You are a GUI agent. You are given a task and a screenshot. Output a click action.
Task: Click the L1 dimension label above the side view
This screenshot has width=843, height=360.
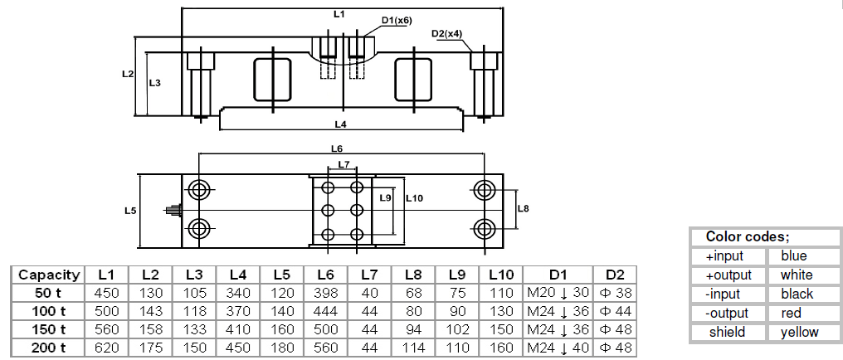point(337,14)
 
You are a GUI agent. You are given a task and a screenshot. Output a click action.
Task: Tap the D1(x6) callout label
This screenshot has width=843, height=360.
point(397,21)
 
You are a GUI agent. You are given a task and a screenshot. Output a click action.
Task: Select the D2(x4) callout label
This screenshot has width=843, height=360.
point(446,34)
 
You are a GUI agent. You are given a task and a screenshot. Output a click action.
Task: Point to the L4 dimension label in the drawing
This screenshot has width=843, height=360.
point(340,124)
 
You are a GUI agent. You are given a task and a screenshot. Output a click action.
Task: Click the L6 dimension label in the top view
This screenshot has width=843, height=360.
point(336,149)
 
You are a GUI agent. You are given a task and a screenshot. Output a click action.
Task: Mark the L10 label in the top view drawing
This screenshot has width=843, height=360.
point(415,198)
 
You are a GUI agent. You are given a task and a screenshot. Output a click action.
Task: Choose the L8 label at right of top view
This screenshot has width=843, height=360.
point(523,208)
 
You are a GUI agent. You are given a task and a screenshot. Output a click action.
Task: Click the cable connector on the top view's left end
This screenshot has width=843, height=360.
point(174,210)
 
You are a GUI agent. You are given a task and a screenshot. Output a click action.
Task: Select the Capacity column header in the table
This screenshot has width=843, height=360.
point(49,275)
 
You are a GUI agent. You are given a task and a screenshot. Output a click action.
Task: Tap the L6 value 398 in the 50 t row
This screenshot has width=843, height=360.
point(325,292)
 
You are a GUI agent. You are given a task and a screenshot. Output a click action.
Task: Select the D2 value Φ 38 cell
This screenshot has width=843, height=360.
point(614,292)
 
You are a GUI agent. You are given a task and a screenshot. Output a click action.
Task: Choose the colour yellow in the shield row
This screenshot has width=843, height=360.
point(799,332)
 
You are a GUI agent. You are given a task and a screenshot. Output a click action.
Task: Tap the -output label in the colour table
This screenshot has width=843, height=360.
point(728,313)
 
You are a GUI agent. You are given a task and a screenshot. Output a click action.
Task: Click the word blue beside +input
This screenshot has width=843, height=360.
point(793,255)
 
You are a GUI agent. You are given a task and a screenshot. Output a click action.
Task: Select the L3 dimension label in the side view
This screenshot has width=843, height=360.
point(154,83)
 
